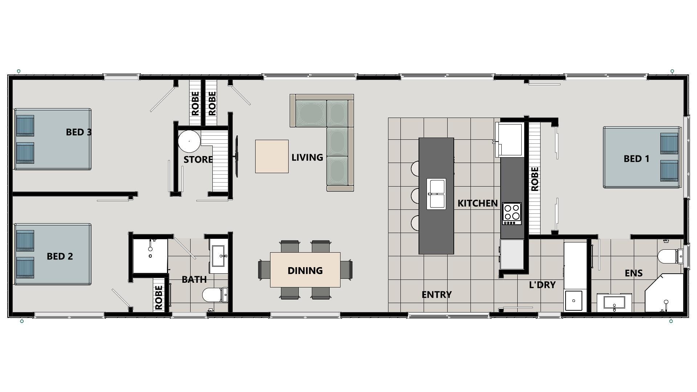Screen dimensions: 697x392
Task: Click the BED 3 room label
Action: [x=79, y=132]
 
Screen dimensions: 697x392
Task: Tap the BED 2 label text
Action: [x=60, y=256]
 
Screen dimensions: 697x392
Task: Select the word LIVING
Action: [x=307, y=158]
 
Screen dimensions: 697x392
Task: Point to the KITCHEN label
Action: [x=477, y=203]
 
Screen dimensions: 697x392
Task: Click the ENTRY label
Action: [x=437, y=295]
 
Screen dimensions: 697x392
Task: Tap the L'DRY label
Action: [x=542, y=285]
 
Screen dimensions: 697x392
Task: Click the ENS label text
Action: [x=634, y=273]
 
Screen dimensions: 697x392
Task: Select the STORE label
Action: [x=198, y=160]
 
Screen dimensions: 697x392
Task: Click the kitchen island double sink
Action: [x=436, y=194]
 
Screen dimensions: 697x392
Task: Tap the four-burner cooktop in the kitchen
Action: [x=512, y=213]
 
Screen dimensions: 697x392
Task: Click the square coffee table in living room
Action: [x=272, y=156]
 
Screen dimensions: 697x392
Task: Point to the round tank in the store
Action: [x=189, y=141]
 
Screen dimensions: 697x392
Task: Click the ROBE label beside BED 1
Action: [x=535, y=179]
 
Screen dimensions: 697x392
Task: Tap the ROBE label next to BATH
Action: [x=159, y=298]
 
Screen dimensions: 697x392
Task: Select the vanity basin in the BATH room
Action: [x=219, y=256]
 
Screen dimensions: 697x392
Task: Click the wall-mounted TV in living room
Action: [x=237, y=156]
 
